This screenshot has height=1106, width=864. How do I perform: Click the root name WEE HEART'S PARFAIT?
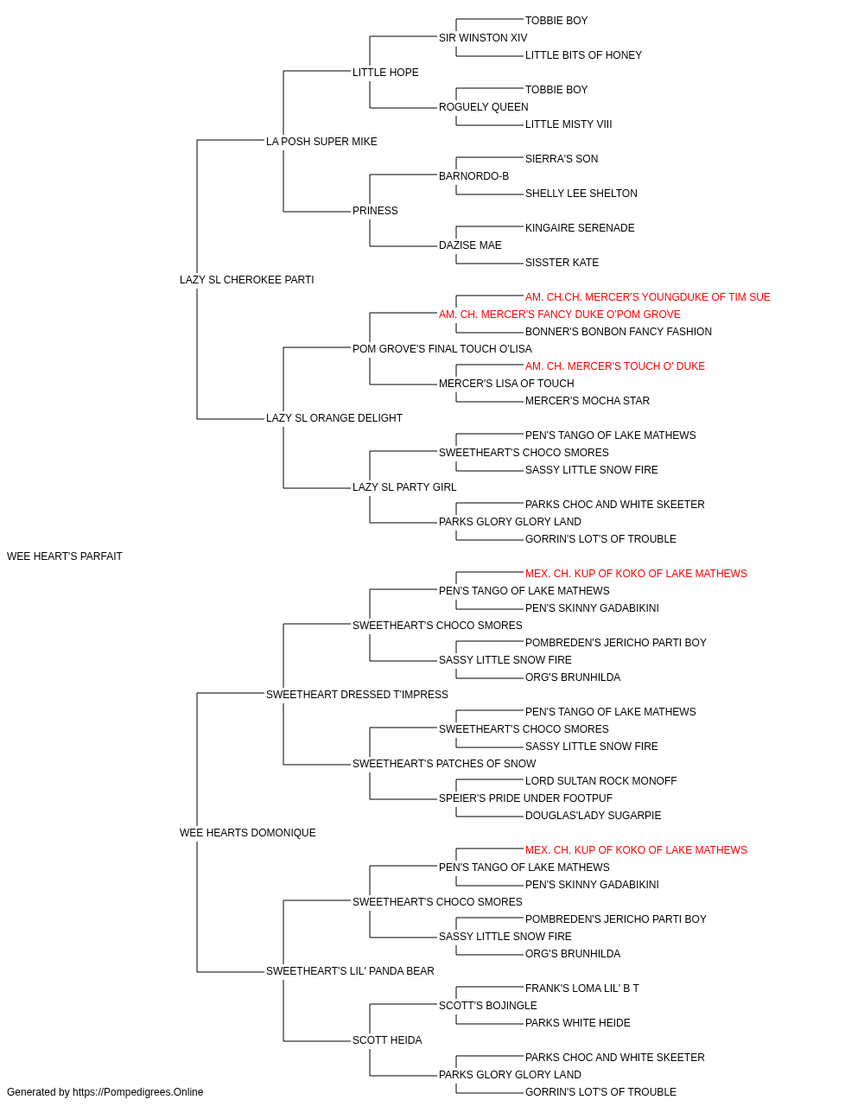click(x=65, y=556)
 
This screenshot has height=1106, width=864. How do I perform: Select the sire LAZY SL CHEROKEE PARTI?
click(x=247, y=280)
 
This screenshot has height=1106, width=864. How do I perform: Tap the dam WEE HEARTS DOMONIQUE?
click(x=248, y=833)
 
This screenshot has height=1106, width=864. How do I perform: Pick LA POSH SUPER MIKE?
click(x=321, y=142)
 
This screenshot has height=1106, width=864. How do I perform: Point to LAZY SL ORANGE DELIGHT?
click(x=334, y=418)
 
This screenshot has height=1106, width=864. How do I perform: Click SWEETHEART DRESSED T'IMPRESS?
click(x=357, y=694)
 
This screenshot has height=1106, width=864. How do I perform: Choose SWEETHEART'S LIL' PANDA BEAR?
click(x=350, y=970)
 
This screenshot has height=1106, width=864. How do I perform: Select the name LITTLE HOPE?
click(x=385, y=73)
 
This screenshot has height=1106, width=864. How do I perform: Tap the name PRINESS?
click(x=375, y=211)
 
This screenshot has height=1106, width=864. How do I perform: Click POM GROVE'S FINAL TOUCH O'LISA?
click(x=442, y=348)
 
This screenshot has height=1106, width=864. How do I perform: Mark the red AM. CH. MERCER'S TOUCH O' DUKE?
click(x=615, y=366)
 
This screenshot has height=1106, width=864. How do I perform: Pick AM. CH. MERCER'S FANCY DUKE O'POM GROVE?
click(x=560, y=314)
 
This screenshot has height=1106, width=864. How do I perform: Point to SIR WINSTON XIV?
click(x=483, y=38)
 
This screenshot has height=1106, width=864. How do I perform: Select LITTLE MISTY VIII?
click(x=569, y=124)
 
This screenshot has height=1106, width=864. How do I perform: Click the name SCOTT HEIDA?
click(x=387, y=1039)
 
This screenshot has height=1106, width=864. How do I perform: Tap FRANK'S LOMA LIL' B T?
click(x=582, y=988)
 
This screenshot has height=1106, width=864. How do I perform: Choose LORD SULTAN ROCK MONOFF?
click(x=601, y=781)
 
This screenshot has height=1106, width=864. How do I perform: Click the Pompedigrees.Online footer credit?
click(x=105, y=1092)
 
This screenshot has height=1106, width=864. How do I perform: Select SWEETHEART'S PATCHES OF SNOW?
click(x=444, y=764)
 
